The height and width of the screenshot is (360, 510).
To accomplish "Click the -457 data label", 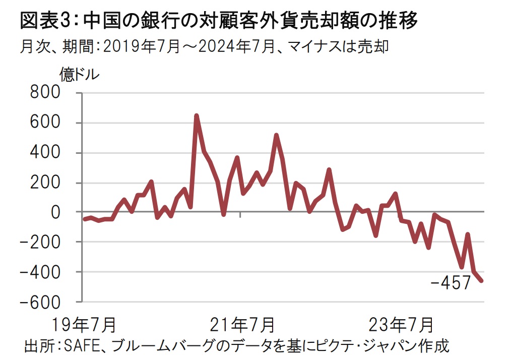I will click(x=451, y=283).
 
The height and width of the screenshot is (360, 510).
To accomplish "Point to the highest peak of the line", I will click(x=197, y=115).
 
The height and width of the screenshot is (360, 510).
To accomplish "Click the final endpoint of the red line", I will click(x=482, y=281).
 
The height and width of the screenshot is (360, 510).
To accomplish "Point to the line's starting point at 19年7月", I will click(x=84, y=219).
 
